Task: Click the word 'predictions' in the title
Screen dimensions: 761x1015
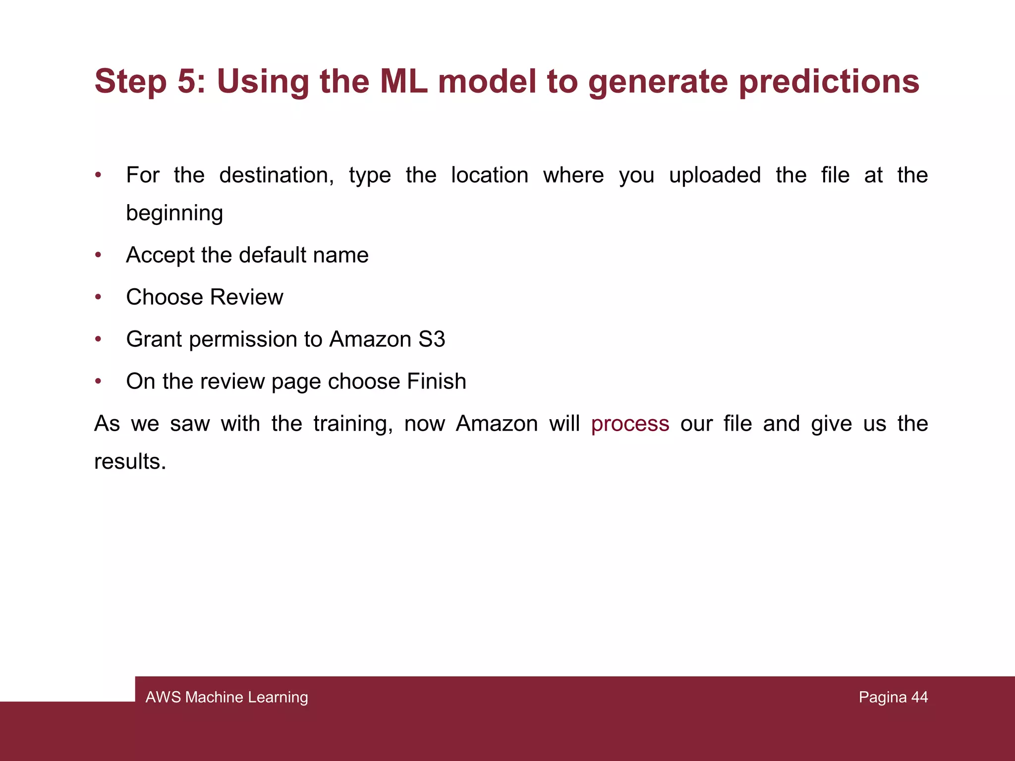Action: pyautogui.click(x=829, y=82)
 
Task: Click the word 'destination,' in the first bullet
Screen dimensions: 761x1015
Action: pyautogui.click(x=277, y=175)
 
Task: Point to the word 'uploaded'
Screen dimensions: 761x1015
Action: pyautogui.click(x=715, y=175)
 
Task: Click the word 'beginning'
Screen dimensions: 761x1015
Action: pyautogui.click(x=174, y=214)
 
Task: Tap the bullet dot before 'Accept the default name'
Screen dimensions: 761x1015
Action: pyautogui.click(x=98, y=255)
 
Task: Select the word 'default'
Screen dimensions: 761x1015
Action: pyautogui.click(x=272, y=255)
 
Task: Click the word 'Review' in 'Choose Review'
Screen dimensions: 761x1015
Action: pyautogui.click(x=246, y=297)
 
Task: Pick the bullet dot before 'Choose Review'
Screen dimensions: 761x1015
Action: pyautogui.click(x=98, y=297)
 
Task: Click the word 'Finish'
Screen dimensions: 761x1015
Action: pyautogui.click(x=436, y=381)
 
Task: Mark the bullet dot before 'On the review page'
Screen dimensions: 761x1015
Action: pyautogui.click(x=98, y=381)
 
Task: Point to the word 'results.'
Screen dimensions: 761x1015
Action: pyautogui.click(x=130, y=462)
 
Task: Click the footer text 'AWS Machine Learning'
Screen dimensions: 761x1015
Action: pyautogui.click(x=226, y=697)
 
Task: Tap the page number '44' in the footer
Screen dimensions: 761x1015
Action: pyautogui.click(x=919, y=697)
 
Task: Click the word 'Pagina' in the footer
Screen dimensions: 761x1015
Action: pyautogui.click(x=883, y=697)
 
